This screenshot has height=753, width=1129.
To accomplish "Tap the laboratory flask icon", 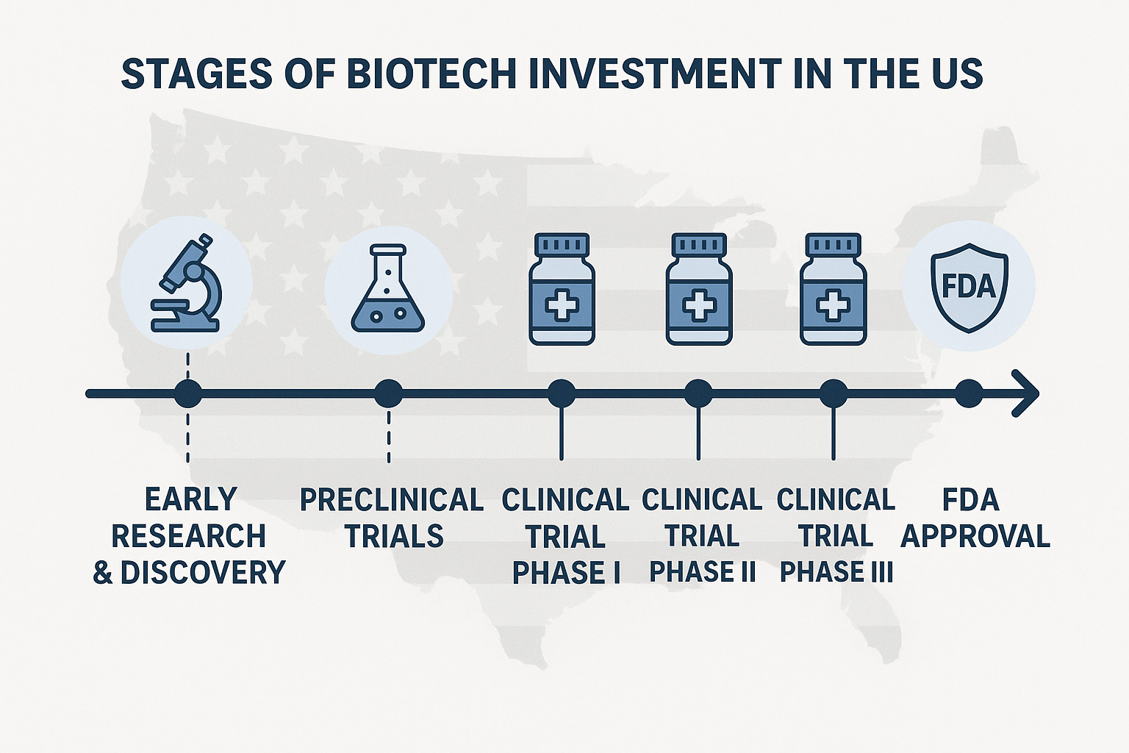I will coord(388,288).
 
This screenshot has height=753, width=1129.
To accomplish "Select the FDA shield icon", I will coord(969,287).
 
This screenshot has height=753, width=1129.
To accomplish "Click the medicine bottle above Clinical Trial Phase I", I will coord(562,288).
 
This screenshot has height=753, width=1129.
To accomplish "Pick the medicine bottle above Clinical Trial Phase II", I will coord(699,288).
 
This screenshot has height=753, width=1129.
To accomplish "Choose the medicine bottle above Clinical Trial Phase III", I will coord(833,288).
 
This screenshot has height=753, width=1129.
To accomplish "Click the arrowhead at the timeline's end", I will coord(1028,393).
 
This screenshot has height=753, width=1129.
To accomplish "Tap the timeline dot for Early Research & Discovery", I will coord(188,393).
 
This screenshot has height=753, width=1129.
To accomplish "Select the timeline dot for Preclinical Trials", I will coord(388,393).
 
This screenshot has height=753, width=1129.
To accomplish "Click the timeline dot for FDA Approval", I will coord(969,393).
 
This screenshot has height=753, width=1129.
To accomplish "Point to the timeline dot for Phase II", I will coord(698,393).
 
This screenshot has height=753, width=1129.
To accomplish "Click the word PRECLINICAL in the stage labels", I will coord(391,500).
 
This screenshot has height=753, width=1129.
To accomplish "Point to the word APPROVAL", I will coord(975,536).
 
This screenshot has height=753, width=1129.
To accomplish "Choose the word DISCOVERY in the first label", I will coord(202,573).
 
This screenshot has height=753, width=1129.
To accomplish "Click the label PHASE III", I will coord(836,572).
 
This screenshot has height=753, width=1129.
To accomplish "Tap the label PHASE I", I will coord(566,573).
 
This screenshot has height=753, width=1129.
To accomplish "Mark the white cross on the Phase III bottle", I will coord(833,305).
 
